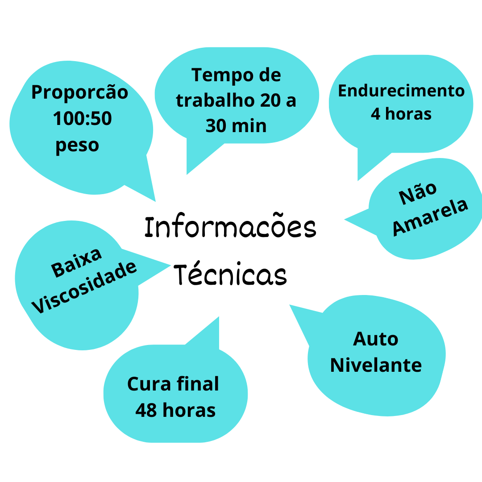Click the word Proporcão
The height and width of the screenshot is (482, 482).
(80, 92)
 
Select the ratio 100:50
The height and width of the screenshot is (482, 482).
(83, 118)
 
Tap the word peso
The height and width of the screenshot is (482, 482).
(77, 145)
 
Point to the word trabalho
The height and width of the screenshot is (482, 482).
(215, 100)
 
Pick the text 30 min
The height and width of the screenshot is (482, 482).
(236, 126)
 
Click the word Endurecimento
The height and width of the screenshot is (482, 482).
(401, 91)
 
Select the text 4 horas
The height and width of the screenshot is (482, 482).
(401, 114)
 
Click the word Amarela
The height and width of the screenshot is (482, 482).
(430, 217)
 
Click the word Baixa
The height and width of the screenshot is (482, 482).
(76, 262)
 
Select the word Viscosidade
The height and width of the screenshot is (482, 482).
(84, 287)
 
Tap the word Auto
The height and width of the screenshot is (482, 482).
(376, 339)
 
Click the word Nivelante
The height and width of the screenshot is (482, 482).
(376, 365)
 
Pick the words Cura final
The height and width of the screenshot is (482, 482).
(173, 384)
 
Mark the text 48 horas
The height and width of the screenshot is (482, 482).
(175, 410)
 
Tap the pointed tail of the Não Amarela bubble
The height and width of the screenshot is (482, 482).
(345, 220)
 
